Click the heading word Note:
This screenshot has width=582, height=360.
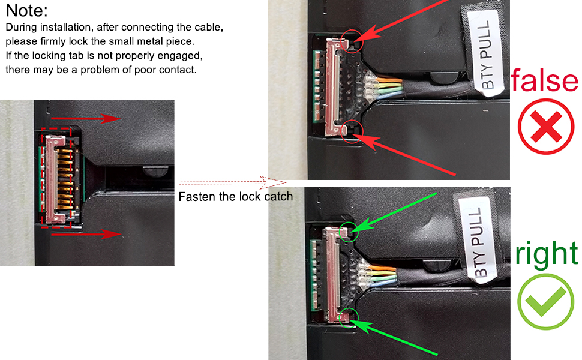pyautogui.click(x=27, y=11)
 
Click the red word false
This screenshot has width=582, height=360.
pyautogui.click(x=544, y=81)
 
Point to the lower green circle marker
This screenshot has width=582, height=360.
pyautogui.click(x=349, y=317)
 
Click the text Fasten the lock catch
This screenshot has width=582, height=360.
pyautogui.click(x=236, y=196)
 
